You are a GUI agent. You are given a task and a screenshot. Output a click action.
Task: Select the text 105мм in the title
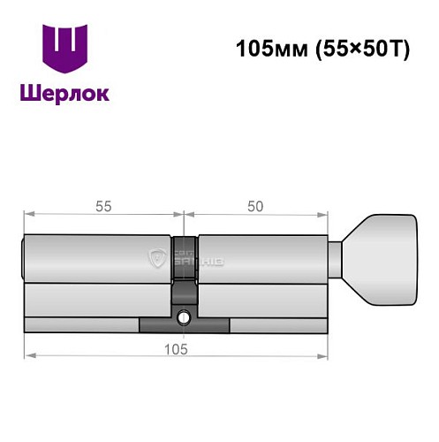[269, 49]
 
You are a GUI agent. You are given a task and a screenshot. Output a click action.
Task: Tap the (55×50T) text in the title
[360, 49]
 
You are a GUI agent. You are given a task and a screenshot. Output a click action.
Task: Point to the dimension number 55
[102, 206]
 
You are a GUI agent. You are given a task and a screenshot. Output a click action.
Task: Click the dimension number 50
[256, 206]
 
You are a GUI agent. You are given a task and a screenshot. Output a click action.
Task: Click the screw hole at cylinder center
[184, 317]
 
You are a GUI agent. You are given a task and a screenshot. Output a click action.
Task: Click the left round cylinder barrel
[97, 258]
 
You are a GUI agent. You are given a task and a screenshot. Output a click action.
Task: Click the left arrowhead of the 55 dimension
[26, 214]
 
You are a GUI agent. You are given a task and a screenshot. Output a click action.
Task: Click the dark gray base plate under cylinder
[184, 326]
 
